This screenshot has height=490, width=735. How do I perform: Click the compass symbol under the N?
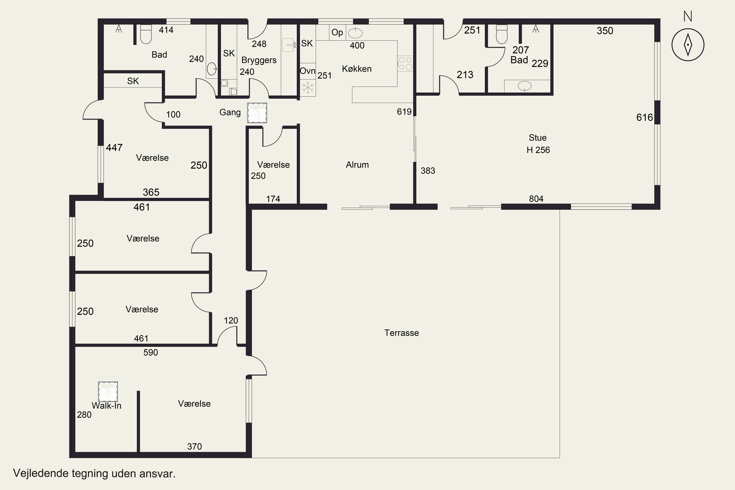pos(688,45)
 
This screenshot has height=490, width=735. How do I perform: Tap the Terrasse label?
pos(402,333)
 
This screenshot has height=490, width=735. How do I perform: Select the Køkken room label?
pos(356,69)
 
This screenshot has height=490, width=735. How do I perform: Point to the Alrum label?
pos(357,165)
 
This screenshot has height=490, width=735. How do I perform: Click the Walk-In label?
pos(107,406)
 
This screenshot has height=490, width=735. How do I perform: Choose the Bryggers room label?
pos(259,60)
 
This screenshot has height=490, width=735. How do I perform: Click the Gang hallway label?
pos(230,112)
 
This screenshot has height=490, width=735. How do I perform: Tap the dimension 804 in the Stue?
pos(536,199)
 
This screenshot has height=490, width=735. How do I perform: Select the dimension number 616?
pos(645,118)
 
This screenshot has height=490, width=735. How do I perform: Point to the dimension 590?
pos(151,353)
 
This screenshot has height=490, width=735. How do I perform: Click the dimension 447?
pos(114,147)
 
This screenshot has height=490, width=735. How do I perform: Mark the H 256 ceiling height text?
pos(538,150)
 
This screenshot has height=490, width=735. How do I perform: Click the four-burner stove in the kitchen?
pos(405,63)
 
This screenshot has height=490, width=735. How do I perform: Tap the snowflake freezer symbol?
pos(308,88)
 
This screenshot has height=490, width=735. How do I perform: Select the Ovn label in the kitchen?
pos(307,71)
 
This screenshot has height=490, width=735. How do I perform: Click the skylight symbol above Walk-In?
pos(108,392)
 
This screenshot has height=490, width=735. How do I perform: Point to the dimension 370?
pos(194,447)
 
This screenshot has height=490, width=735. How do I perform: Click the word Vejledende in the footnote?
pos(41,473)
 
